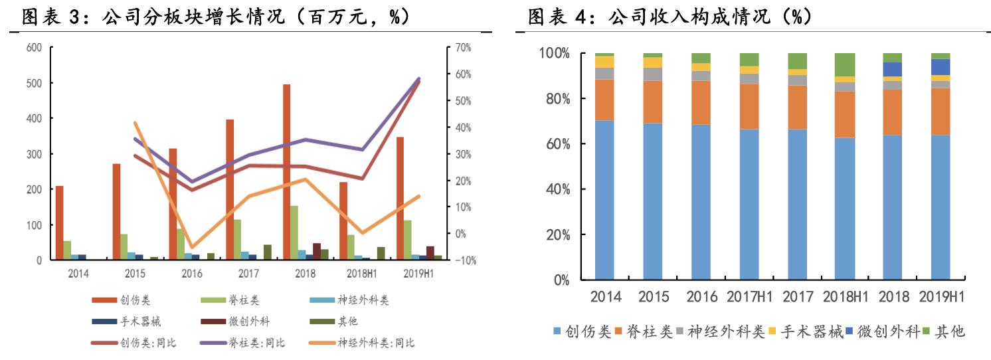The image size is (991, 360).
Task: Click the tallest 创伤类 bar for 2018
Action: click(286, 172)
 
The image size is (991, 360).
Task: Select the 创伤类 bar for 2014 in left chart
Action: click(59, 223)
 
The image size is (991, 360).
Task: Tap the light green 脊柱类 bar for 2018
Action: click(294, 233)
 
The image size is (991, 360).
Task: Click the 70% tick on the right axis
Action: click(463, 48)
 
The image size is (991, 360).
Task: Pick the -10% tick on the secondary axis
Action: click(463, 260)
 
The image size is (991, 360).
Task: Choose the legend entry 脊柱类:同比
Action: click(258, 343)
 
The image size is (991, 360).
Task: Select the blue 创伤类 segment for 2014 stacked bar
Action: click(604, 200)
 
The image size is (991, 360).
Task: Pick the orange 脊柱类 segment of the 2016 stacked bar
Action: click(701, 102)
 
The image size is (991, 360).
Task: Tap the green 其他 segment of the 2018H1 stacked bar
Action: click(845, 64)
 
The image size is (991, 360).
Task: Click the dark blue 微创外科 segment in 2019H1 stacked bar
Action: click(941, 66)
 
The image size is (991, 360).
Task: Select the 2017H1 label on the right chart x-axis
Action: click(749, 296)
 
